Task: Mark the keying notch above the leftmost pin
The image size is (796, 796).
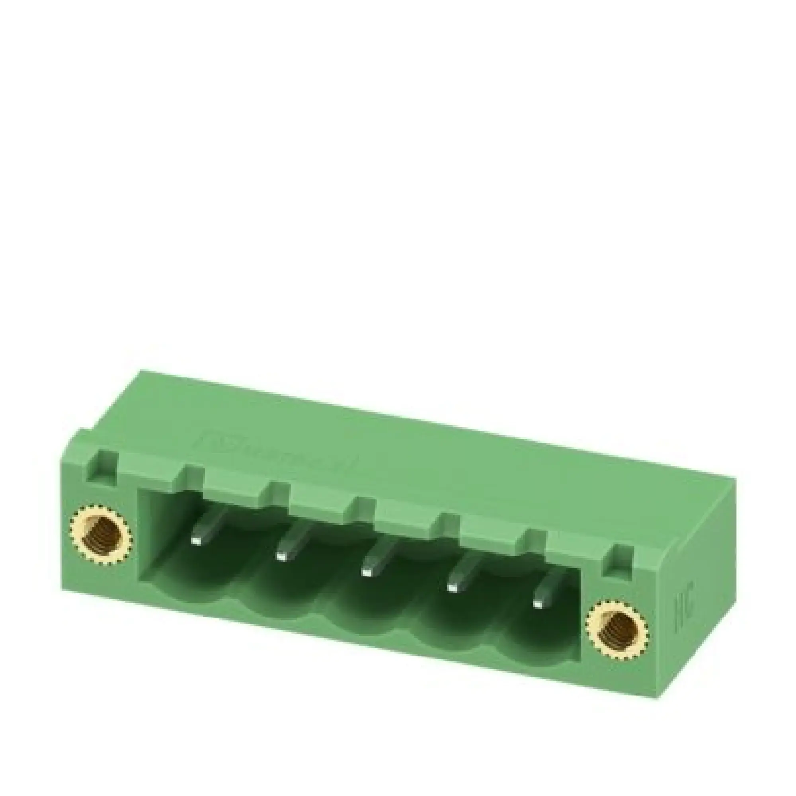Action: (195, 480)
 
